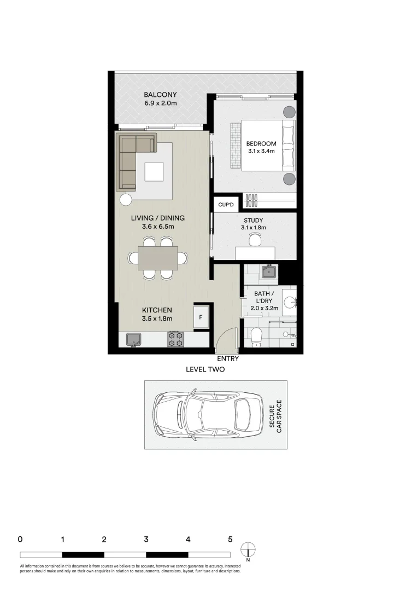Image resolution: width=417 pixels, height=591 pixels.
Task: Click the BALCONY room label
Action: tap(160, 94)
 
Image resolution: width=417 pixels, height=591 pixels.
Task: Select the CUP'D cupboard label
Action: tap(226, 205)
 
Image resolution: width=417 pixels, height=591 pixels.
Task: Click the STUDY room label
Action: tap(254, 221)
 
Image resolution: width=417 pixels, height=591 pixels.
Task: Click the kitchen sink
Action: tap(133, 339)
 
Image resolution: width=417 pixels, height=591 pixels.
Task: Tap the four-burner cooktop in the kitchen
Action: tap(175, 339)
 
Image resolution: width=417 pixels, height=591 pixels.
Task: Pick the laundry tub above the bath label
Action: tap(269, 271)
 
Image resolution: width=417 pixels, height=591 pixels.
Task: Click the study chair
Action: tap(255, 239)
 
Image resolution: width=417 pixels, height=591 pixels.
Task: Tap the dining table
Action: tap(158, 258)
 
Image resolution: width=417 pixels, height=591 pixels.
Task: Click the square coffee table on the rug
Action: tap(154, 172)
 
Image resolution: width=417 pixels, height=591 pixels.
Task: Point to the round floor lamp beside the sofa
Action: tap(126, 199)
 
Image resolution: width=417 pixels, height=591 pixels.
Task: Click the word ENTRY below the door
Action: tap(227, 359)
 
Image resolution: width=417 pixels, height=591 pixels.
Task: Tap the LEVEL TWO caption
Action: tap(205, 369)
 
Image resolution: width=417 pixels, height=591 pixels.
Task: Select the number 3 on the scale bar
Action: tap(146, 539)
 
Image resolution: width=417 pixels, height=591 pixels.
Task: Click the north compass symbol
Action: tap(248, 549)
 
